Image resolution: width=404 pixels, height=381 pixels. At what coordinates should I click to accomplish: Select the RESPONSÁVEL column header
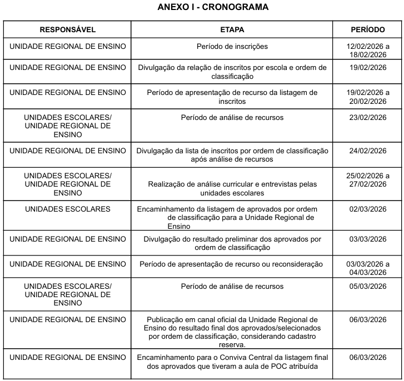pos(68,29)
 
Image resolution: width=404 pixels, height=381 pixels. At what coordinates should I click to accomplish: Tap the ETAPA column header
pos(232,29)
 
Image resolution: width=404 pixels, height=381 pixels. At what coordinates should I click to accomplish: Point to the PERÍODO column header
pos(368,29)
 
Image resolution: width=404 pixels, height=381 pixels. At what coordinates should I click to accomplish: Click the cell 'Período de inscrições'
pos(232,46)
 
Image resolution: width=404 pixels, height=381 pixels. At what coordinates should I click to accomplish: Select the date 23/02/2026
pos(368,118)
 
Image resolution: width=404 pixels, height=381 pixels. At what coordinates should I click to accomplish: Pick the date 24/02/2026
pos(368,151)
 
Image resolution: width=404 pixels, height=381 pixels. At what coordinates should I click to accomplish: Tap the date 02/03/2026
pos(368,209)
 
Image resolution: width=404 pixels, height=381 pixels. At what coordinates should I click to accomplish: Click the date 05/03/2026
pos(368,287)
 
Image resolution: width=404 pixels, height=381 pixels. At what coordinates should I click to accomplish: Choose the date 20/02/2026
pos(368,101)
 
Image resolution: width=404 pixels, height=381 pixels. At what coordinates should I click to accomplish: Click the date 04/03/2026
pos(368,272)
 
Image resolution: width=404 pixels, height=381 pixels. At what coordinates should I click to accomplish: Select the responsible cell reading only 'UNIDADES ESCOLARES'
pos(68,209)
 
